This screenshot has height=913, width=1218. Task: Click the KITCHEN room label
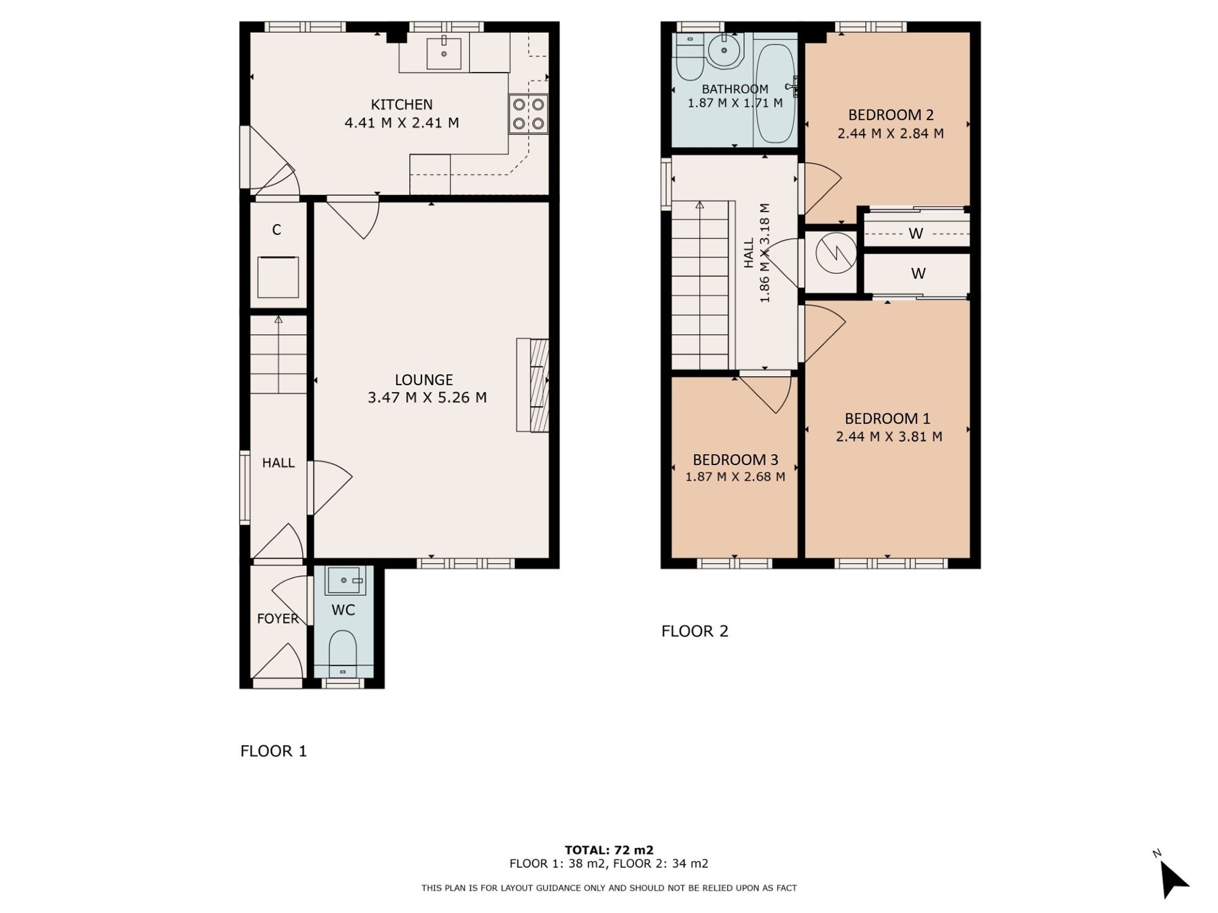pos(401,105)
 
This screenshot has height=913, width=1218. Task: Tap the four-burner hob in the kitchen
pos(528,114)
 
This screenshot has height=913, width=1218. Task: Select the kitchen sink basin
pos(444,53)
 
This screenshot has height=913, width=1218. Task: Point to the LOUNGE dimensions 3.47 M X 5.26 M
pos(427,397)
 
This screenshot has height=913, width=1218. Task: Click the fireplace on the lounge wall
pos(533,385)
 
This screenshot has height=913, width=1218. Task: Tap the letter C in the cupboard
pos(276,229)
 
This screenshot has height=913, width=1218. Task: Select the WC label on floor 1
pos(343,610)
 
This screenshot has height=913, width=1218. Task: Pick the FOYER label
pos(278,618)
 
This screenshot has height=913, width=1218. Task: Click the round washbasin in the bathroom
pos(724,51)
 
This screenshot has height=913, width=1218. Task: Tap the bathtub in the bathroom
pos(775,93)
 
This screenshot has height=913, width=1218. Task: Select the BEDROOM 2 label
pos(891,114)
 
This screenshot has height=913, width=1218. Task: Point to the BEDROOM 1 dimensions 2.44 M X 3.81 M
pos(889,436)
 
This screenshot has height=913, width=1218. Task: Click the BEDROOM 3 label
pos(735,460)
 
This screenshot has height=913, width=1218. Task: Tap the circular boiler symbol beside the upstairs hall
pos(836,252)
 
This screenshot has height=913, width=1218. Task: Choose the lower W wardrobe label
pos(918,274)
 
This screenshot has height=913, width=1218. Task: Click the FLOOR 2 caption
pos(695,631)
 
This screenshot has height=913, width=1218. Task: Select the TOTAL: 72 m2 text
pos(609,850)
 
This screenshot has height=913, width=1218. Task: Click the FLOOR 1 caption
pos(273,751)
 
